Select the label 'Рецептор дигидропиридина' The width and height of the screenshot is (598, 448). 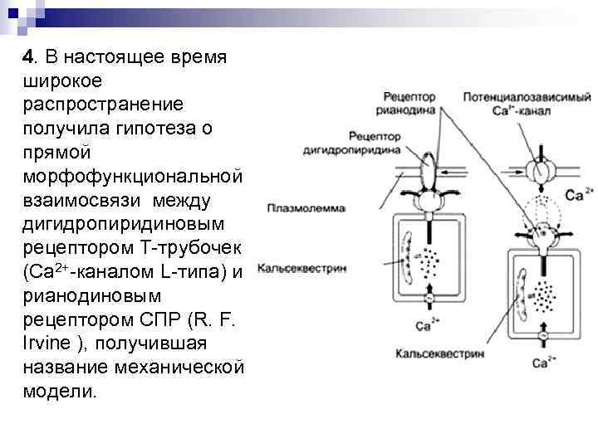[x=375, y=144]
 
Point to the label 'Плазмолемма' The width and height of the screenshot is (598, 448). [x=305, y=208]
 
